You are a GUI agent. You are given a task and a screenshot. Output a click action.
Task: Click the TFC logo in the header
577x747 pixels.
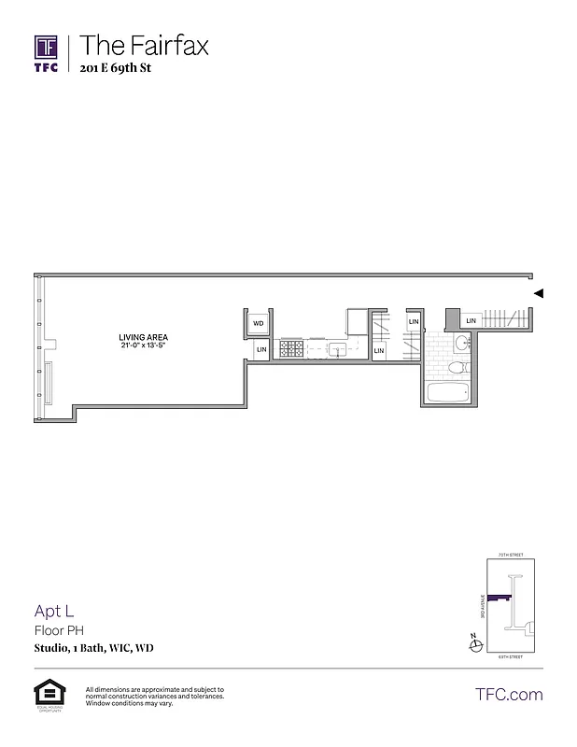click(x=46, y=52)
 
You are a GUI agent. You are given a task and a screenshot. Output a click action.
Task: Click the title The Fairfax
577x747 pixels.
click(x=144, y=44)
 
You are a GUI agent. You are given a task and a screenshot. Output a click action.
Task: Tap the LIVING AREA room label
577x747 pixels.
click(x=144, y=337)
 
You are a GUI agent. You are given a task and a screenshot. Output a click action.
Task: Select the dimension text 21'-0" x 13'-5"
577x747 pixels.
click(x=144, y=346)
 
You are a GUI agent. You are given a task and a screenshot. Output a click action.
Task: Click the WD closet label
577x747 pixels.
click(x=259, y=323)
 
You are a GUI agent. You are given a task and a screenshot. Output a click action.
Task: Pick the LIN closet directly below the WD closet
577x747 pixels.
click(x=261, y=350)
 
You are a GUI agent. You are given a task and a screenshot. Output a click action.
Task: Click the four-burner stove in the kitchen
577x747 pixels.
click(x=291, y=349)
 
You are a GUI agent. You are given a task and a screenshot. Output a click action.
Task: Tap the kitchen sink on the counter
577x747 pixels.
click(x=337, y=349)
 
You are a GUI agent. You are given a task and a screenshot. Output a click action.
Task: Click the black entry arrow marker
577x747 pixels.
click(x=539, y=293)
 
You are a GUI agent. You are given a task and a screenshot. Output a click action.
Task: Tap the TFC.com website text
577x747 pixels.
click(x=509, y=694)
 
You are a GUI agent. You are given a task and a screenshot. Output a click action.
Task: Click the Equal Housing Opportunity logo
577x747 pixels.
click(x=46, y=694)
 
